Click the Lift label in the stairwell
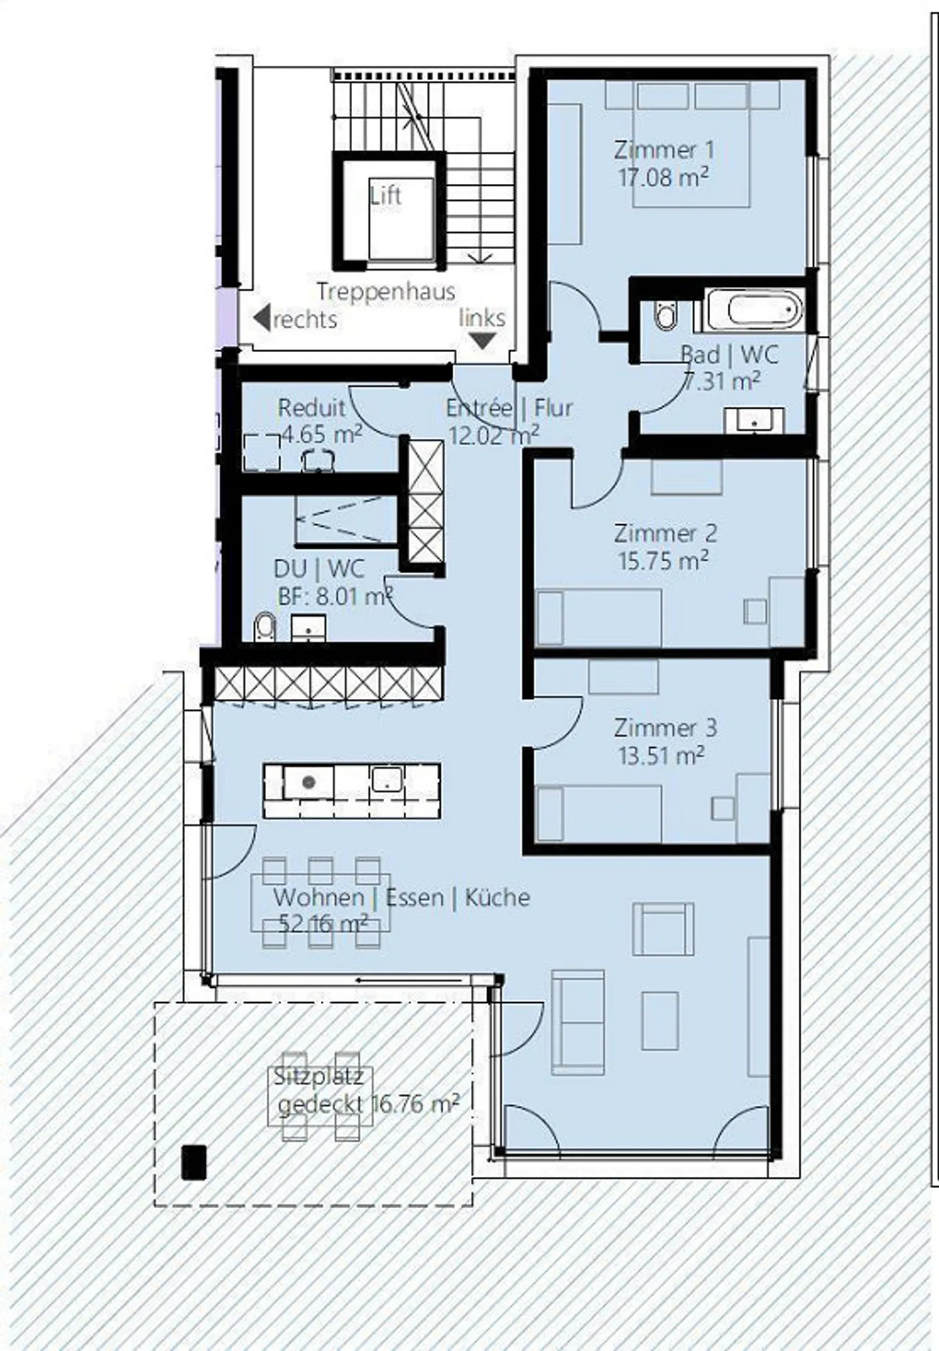pyautogui.click(x=385, y=196)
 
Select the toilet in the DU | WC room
pyautogui.click(x=263, y=627)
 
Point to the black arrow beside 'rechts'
pyautogui.click(x=262, y=318)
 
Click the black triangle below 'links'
pyautogui.click(x=483, y=340)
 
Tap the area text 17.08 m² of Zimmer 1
pyautogui.click(x=663, y=177)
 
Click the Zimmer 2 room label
pyautogui.click(x=665, y=533)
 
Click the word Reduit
pyautogui.click(x=311, y=408)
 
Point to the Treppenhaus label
pyautogui.click(x=385, y=291)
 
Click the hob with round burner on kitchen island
pyautogui.click(x=308, y=782)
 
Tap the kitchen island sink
pyautogui.click(x=387, y=779)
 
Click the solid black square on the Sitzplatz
pyautogui.click(x=194, y=1162)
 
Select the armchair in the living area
pyautogui.click(x=663, y=929)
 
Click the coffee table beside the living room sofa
pyautogui.click(x=660, y=1021)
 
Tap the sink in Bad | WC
pyautogui.click(x=754, y=420)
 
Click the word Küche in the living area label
pyautogui.click(x=497, y=898)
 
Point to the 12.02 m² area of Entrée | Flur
pyautogui.click(x=494, y=434)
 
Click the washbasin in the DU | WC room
pyautogui.click(x=307, y=628)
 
